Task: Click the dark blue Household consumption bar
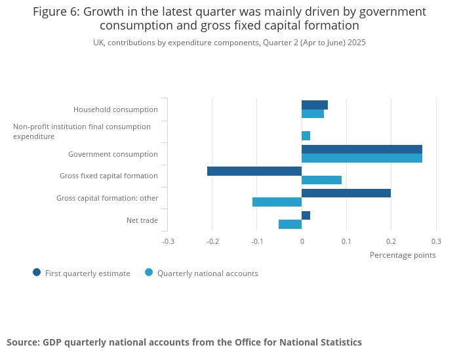[x=315, y=105]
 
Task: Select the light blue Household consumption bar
[x=313, y=114]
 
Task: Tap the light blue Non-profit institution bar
[x=306, y=136]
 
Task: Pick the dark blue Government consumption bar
[x=362, y=150]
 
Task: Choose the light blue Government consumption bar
[x=362, y=158]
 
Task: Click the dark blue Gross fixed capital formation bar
[x=254, y=171]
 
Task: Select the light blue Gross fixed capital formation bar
[x=321, y=180]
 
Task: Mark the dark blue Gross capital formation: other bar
[x=346, y=193]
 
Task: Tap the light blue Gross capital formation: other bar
[x=277, y=202]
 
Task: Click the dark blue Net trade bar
[x=306, y=216]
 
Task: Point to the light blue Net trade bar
[x=290, y=224]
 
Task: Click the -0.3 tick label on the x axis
[x=168, y=241]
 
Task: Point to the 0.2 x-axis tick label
[x=391, y=241]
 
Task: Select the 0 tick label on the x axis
[x=302, y=241]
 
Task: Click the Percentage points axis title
[x=403, y=255]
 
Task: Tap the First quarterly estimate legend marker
[x=37, y=273]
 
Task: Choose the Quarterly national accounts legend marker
[x=149, y=273]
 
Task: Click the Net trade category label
[x=142, y=220]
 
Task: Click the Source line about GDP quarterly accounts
[x=184, y=342]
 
